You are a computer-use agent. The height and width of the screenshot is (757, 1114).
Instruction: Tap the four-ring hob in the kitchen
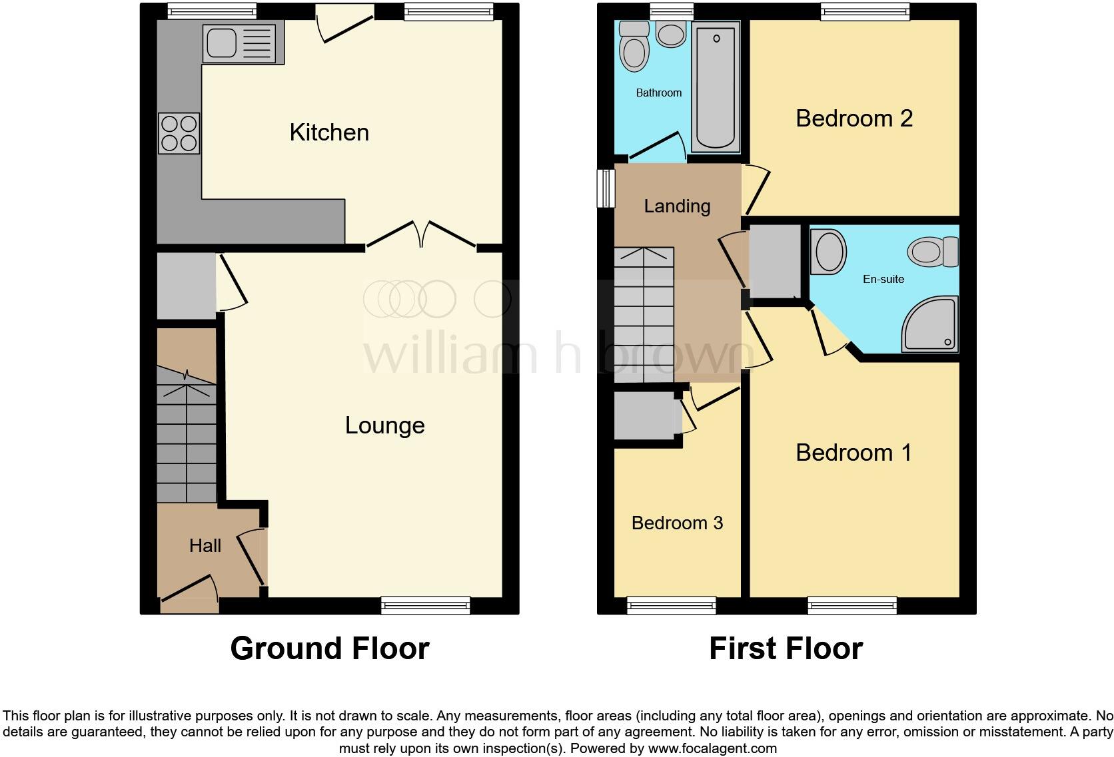click(179, 133)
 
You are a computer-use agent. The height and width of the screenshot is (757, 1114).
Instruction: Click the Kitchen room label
click(329, 132)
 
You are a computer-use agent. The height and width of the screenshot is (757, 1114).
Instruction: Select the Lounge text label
click(384, 425)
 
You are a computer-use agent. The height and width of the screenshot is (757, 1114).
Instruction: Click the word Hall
click(205, 546)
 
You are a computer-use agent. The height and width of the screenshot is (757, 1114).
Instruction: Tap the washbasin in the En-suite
click(828, 252)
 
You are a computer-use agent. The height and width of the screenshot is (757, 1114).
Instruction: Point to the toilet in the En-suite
click(932, 252)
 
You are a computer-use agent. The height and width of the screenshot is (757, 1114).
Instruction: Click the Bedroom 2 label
click(853, 119)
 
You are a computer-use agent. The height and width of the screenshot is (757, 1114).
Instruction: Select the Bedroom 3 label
click(677, 523)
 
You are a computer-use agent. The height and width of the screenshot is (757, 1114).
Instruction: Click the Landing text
click(677, 206)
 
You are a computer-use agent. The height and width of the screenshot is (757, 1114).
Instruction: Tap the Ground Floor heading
click(329, 648)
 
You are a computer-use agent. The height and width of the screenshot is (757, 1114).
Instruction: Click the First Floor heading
click(786, 648)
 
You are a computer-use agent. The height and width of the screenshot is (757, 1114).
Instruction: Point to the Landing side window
click(606, 188)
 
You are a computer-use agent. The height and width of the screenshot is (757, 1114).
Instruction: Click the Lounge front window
click(425, 605)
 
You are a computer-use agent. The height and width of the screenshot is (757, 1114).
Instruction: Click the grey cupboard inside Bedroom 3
click(644, 416)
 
